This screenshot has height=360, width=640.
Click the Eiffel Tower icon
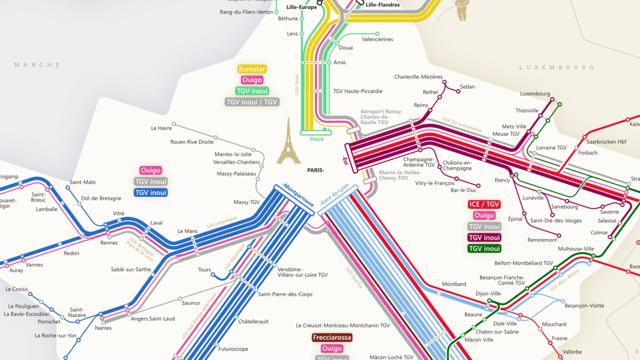[288, 142]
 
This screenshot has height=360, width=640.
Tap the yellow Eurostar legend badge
[252, 69]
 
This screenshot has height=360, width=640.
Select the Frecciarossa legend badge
[332, 337]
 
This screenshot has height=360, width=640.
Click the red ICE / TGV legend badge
[484, 204]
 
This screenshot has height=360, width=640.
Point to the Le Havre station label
[161, 128]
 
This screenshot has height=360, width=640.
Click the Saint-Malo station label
[82, 182]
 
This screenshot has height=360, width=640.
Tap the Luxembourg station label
[535, 93]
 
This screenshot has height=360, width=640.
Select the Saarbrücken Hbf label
[606, 142]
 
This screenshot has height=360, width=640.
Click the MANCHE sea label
[37, 65]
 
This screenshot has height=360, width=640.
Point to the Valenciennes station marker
[377, 34]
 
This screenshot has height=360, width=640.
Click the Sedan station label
[467, 87]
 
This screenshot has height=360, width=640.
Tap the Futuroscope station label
[233, 349]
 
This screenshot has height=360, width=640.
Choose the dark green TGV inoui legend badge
[484, 249]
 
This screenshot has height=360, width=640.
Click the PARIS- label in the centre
[315, 170]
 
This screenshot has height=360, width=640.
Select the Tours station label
[204, 270]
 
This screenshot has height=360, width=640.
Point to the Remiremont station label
[542, 240]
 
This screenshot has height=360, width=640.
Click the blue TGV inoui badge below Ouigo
[150, 192]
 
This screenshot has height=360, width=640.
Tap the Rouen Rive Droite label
[192, 142]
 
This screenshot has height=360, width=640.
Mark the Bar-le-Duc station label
[463, 190]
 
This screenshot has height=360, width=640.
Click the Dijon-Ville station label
[488, 294]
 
